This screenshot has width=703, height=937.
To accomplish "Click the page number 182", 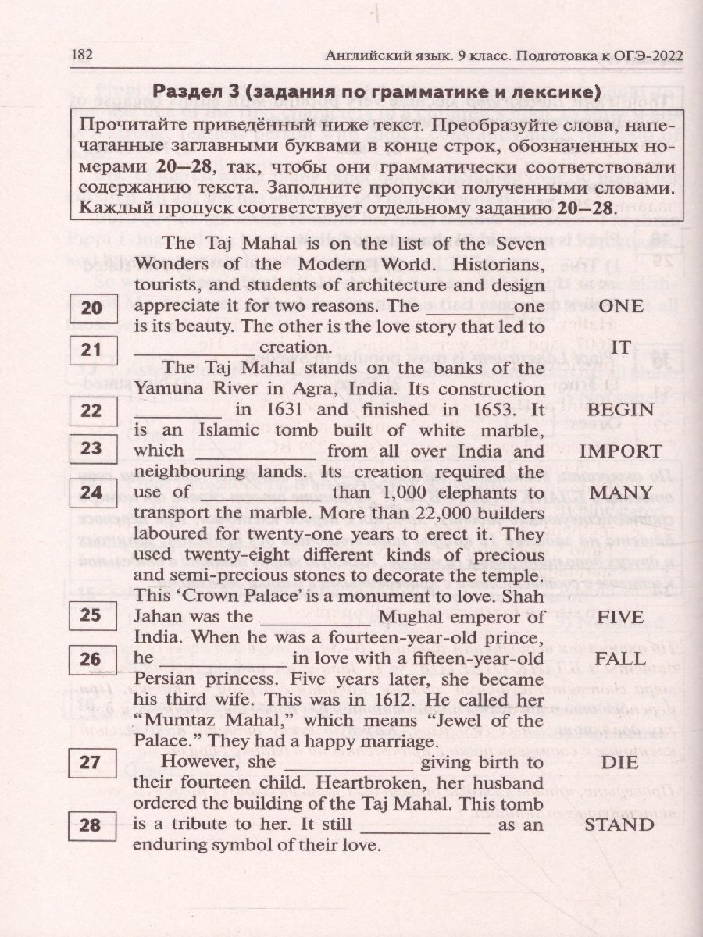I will click(82, 55).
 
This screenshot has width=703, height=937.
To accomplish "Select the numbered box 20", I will click(91, 308).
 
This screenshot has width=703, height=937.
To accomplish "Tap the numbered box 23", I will click(91, 448).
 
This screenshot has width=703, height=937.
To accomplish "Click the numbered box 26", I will click(91, 661).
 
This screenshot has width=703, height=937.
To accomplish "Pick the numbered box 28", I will click(91, 825).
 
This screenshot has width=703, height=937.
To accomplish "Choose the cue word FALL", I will click(619, 658).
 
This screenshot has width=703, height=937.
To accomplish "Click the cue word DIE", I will click(619, 762).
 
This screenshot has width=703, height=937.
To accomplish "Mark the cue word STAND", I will click(619, 824).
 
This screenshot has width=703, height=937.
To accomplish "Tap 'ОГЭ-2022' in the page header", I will click(641, 55).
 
